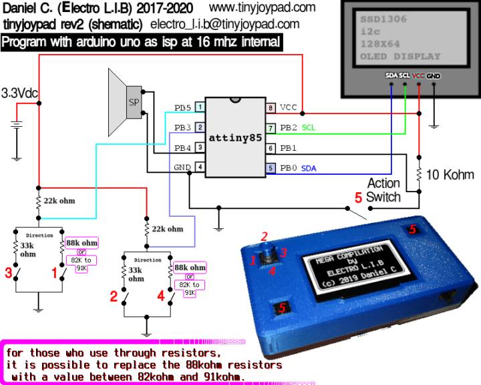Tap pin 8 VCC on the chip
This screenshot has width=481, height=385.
tap(271, 107)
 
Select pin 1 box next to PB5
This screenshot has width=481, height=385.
tap(200, 107)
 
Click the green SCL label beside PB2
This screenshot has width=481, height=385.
tap(309, 127)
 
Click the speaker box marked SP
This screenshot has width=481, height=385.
tap(134, 103)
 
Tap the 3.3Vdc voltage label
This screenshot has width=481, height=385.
tap(19, 93)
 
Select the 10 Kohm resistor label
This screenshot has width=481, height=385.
tap(449, 175)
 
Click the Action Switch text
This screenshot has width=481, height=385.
tap(384, 189)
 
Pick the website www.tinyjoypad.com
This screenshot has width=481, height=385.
tap(262, 8)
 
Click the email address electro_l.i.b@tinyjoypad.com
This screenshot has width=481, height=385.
tap(224, 25)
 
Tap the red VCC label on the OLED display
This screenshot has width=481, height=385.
tap(419, 76)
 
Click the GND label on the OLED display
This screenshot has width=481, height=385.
tap(434, 76)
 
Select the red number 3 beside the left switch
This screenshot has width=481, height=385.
tap(9, 272)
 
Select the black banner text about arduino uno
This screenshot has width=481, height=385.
tap(141, 43)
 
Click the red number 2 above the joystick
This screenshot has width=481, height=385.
tap(265, 236)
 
